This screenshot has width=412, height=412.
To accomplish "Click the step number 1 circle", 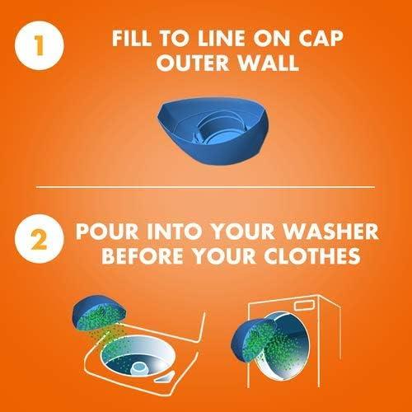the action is (x=40, y=45).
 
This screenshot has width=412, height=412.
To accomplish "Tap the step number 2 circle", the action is (x=40, y=239).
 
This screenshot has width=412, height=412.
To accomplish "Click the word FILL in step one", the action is (x=132, y=39).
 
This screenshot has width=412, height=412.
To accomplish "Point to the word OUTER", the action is (x=193, y=63).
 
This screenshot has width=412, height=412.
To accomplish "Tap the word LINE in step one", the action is (x=221, y=39).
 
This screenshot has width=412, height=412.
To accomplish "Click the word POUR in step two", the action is (x=107, y=232).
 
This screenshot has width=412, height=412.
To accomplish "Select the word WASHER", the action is (x=330, y=232).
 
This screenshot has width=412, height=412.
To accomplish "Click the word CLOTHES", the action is (x=312, y=256).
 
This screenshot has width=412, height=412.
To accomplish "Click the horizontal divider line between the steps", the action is (x=205, y=187).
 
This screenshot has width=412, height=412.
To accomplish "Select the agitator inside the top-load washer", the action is (x=141, y=368).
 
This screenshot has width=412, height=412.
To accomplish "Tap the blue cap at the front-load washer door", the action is (x=253, y=339).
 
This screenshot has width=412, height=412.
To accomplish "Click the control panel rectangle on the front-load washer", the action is (x=304, y=305).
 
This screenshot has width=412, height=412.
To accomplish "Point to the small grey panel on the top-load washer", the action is (x=165, y=377).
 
